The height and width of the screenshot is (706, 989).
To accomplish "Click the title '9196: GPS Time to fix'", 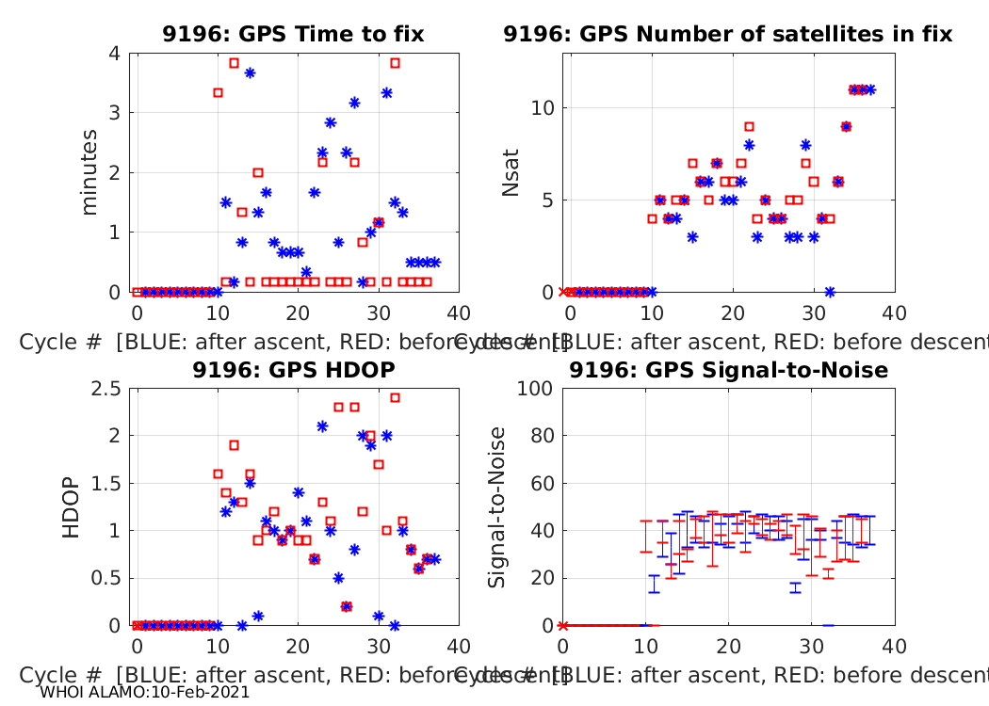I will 293,35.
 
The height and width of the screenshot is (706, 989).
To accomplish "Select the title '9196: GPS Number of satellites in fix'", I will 727,35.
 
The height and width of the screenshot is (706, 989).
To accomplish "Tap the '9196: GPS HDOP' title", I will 293,370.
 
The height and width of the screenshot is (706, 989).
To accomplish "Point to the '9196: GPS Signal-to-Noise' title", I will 728,370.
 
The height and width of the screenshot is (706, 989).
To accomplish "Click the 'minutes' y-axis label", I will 89,172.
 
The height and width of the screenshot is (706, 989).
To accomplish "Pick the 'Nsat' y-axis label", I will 511,172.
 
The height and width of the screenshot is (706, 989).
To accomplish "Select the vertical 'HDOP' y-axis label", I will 72,508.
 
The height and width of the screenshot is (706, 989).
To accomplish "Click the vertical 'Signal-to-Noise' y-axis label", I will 497,508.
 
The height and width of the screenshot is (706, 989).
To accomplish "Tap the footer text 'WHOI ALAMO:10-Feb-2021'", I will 145,692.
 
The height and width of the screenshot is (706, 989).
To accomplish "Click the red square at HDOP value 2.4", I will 395,397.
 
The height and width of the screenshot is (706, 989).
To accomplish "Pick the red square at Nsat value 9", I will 749,126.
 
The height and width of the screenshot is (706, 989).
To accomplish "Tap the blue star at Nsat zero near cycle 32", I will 830,292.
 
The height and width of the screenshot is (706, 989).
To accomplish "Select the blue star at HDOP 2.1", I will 322,425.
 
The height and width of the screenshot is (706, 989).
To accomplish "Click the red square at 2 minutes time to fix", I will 258,172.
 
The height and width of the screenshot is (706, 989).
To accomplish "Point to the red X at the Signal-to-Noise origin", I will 563,625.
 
